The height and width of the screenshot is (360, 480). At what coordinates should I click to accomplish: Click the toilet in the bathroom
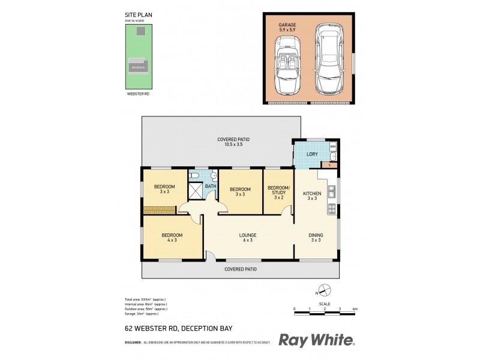(x=194, y=175)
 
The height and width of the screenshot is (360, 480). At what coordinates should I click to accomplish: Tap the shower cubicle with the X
(x=196, y=191)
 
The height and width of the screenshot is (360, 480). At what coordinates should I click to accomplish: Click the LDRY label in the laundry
(x=312, y=155)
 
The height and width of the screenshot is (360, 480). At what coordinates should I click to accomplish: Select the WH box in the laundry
(x=333, y=146)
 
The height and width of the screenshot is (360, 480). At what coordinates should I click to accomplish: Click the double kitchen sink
(x=331, y=192)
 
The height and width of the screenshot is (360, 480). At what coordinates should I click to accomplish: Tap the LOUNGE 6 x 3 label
(x=248, y=237)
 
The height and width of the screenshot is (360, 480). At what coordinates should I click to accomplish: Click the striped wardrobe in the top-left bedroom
(x=159, y=209)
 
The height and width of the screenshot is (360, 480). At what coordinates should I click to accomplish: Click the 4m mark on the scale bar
(x=355, y=309)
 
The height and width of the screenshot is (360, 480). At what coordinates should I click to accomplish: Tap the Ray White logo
(x=316, y=340)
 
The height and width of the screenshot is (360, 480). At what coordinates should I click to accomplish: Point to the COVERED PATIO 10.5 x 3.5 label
(x=233, y=142)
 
